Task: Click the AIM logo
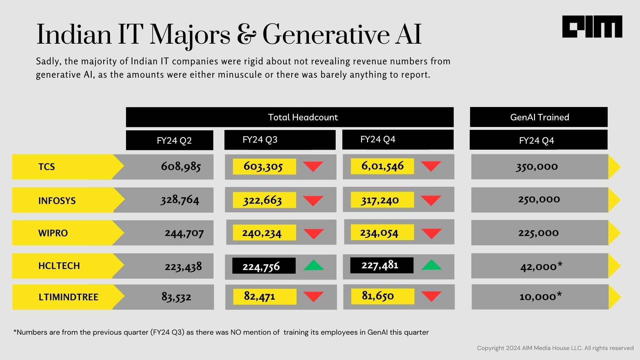[x=592, y=27]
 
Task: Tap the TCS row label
[x=47, y=167]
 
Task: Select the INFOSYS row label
[x=57, y=201]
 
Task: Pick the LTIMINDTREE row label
[x=68, y=297]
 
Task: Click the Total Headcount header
[x=303, y=117]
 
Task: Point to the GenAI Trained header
[x=539, y=117]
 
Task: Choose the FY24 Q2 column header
[x=174, y=140]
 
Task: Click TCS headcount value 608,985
[x=181, y=166]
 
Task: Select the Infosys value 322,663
[x=262, y=200]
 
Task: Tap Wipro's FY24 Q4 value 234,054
[x=379, y=233]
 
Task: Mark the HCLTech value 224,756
[x=261, y=266]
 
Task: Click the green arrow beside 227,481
[x=431, y=265]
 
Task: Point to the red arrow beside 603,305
[x=313, y=166]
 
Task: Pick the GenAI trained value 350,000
[x=537, y=166]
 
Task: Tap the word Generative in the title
[x=326, y=34]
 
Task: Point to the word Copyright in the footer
[x=490, y=348]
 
